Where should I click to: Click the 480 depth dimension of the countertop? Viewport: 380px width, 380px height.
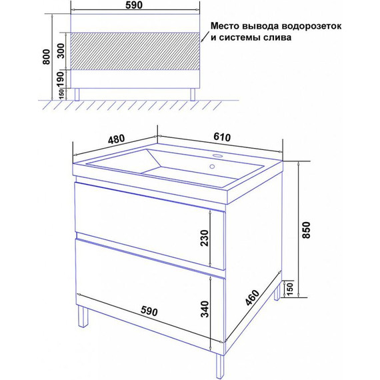(116, 139)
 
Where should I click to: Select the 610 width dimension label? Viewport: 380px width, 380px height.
(223, 136)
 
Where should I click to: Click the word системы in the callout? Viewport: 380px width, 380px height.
(242, 39)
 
